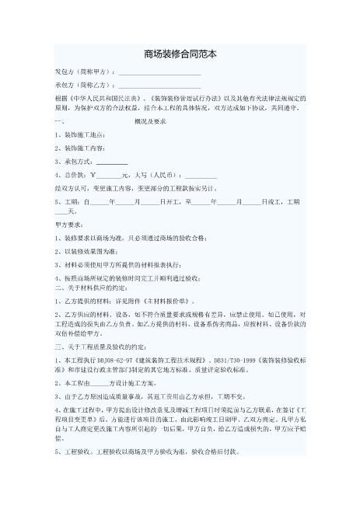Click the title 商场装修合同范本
(180, 55)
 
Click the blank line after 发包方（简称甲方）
(159, 74)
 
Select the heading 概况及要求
(150, 123)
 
